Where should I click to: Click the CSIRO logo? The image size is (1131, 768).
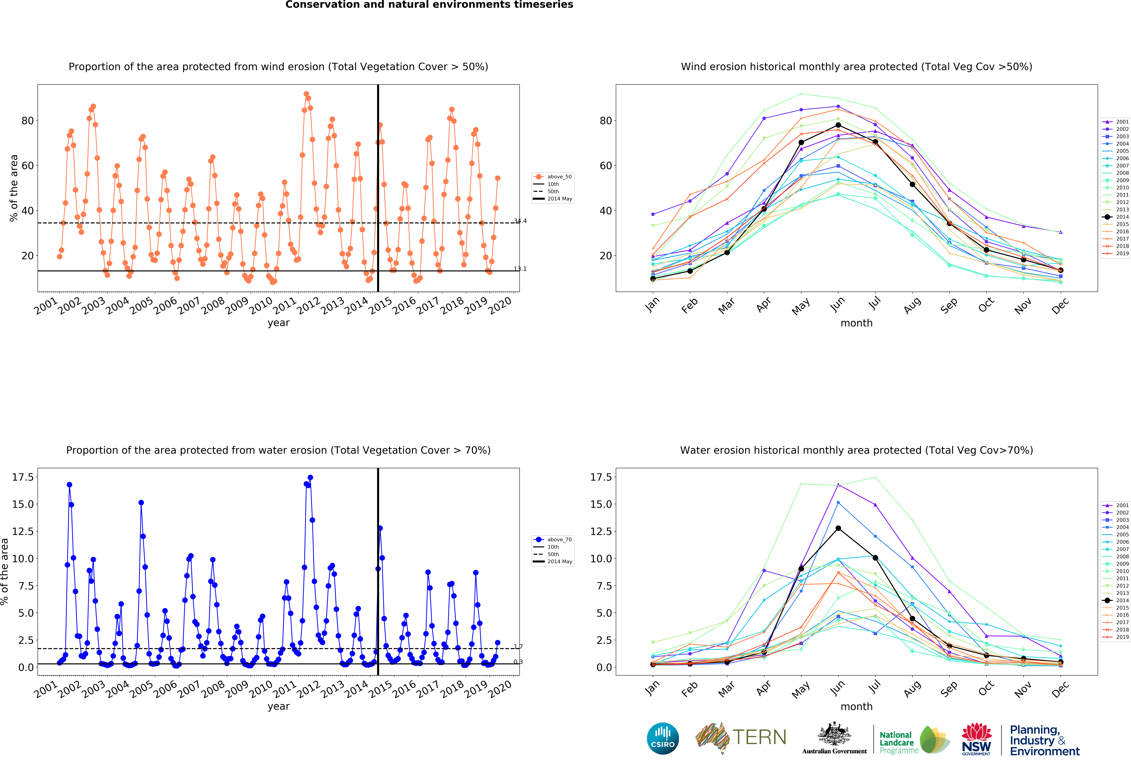click(x=663, y=738)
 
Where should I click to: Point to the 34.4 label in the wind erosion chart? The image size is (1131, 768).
click(x=520, y=221)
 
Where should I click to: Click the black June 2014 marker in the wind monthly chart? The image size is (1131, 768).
click(x=838, y=125)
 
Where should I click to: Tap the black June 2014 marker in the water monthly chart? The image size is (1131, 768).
click(x=838, y=528)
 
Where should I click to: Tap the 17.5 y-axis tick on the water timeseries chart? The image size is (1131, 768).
click(x=23, y=477)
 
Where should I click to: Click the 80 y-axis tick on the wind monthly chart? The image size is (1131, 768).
click(x=606, y=121)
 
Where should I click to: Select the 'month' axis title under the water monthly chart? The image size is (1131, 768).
click(x=857, y=706)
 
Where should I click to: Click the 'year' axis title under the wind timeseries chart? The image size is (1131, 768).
click(x=278, y=323)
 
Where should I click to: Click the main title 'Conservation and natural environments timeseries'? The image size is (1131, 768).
click(x=429, y=5)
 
